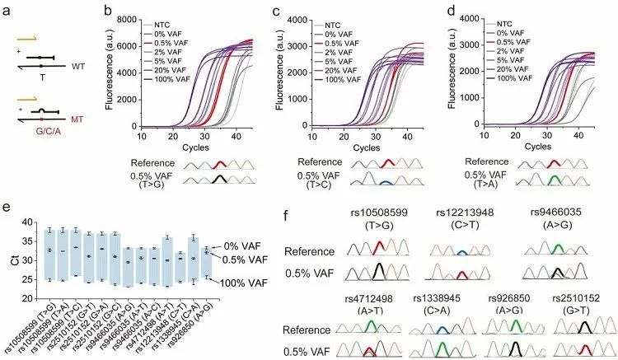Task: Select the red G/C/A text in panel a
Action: pos(53,129)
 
